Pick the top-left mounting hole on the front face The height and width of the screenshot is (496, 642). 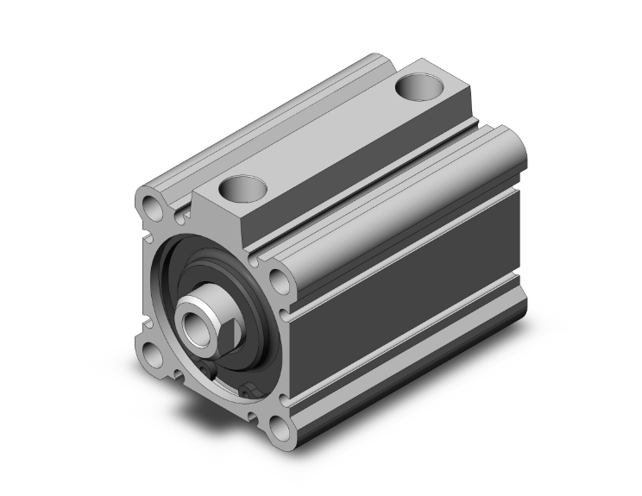tap(153, 207)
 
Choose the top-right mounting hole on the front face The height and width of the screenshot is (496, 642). tap(278, 279)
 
